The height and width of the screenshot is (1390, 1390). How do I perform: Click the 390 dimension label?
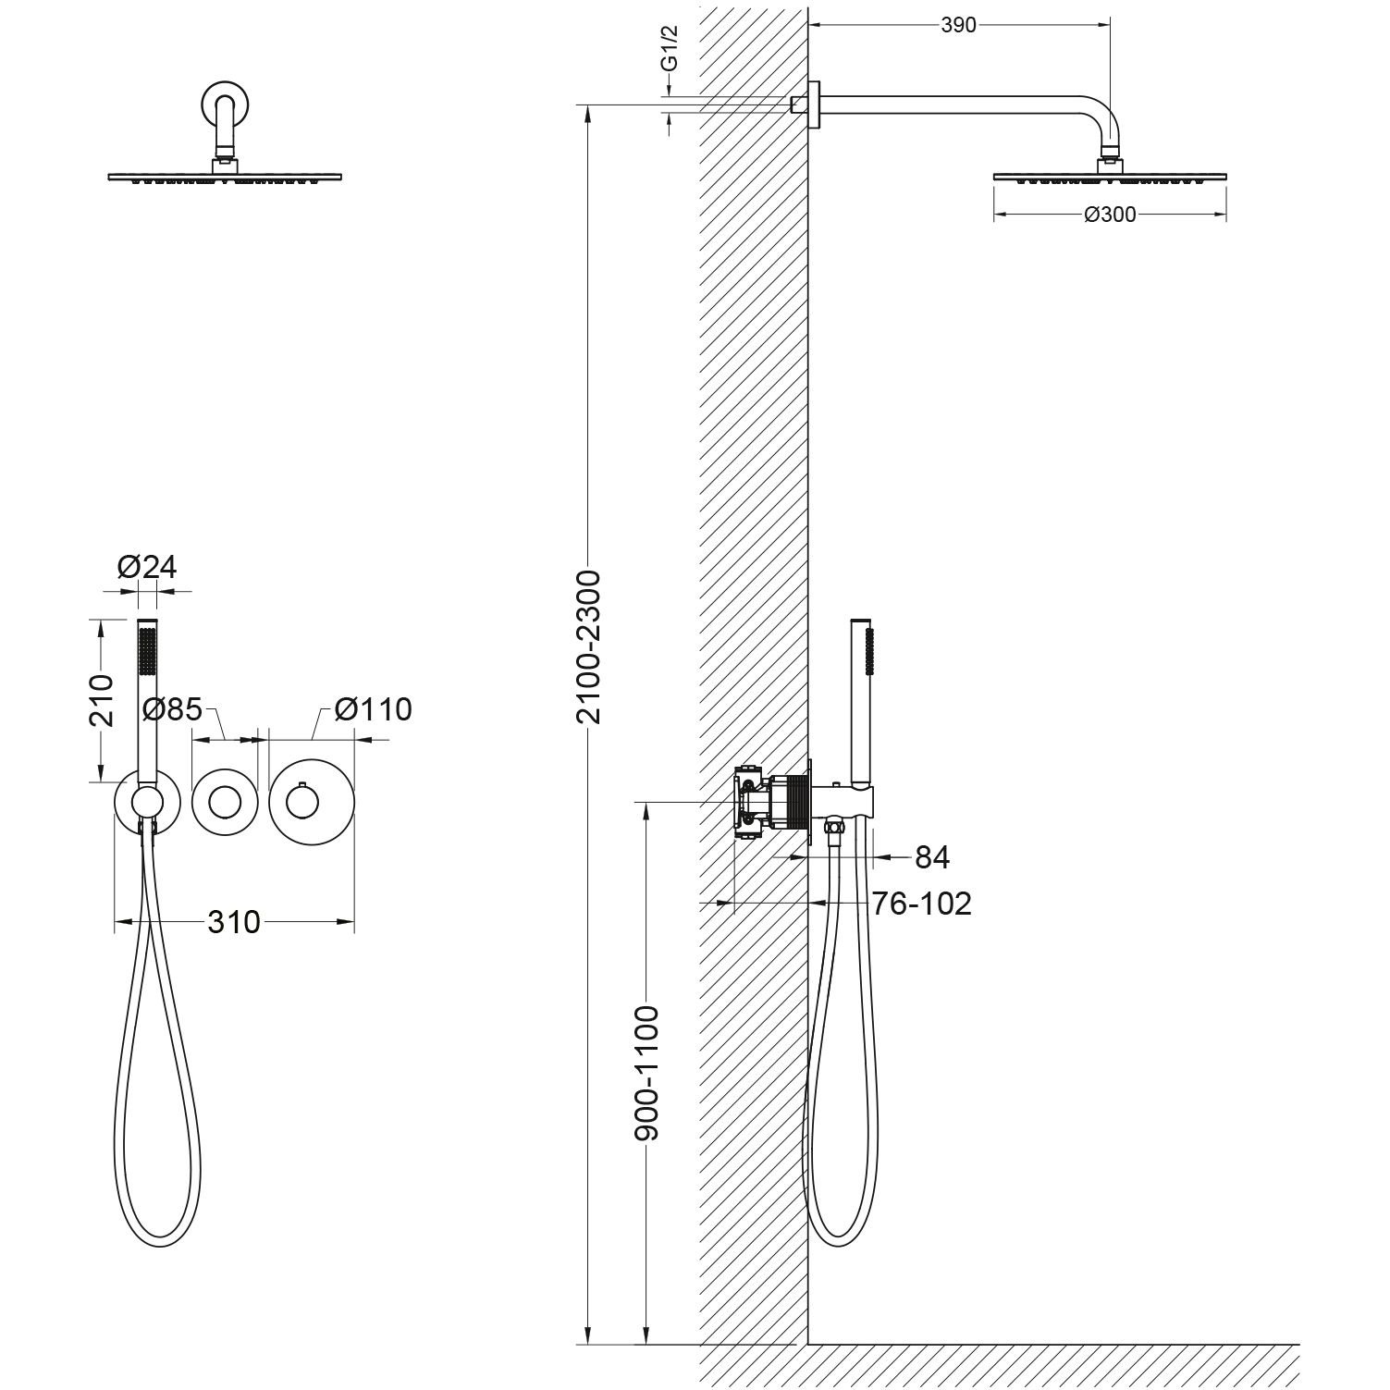958,26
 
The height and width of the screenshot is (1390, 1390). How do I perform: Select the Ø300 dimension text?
1109,215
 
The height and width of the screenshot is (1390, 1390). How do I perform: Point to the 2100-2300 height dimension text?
588,647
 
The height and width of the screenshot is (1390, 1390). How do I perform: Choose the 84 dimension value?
931,857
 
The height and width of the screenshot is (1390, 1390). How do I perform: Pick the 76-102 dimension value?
922,903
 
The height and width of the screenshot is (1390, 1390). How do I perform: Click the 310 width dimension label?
233,921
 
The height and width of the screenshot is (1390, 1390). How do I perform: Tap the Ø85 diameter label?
173,709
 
